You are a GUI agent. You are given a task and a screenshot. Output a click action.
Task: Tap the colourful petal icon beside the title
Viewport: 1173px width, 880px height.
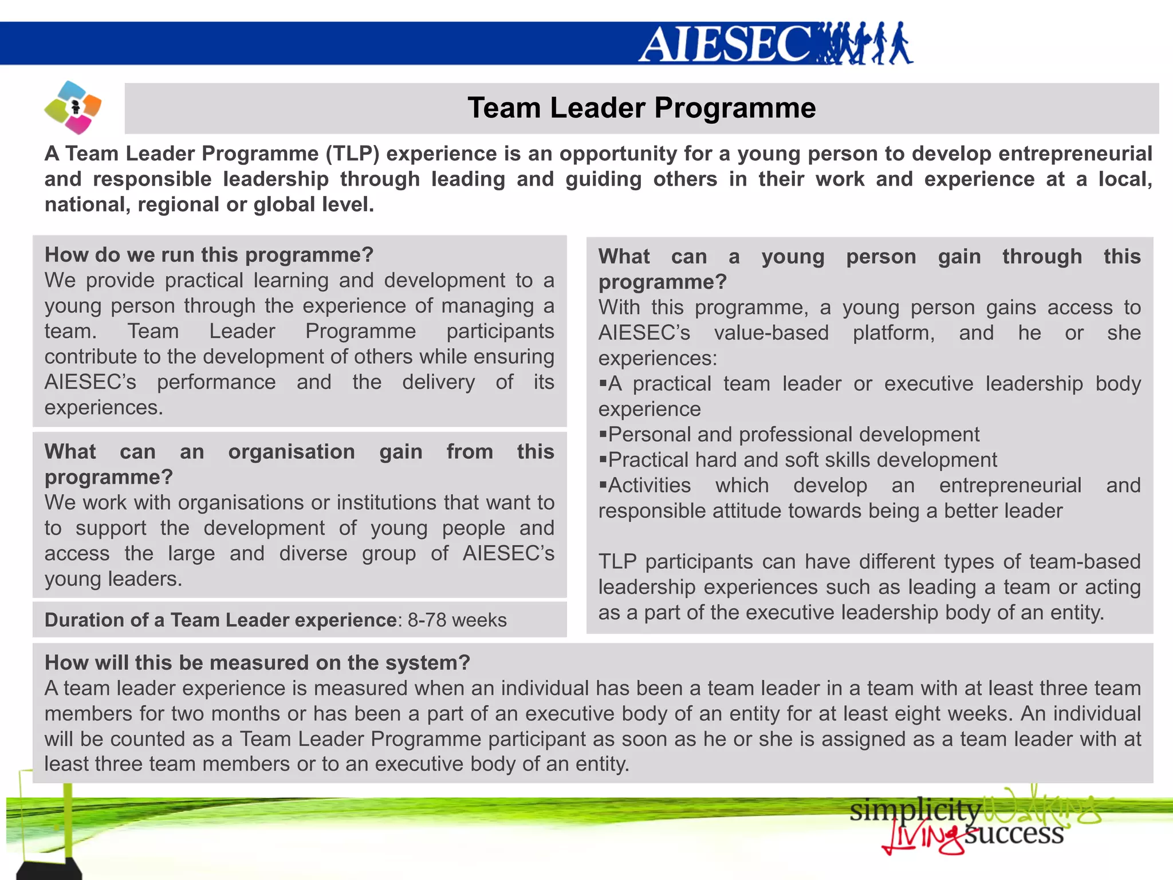[73, 107]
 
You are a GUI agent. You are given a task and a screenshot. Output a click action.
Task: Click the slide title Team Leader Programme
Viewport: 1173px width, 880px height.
[641, 108]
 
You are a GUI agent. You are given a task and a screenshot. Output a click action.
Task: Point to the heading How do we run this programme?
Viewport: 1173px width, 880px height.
[209, 255]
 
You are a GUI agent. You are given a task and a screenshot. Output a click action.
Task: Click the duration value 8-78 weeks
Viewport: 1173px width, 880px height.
[457, 620]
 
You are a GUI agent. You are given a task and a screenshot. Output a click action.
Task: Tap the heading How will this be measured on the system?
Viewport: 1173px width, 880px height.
[257, 662]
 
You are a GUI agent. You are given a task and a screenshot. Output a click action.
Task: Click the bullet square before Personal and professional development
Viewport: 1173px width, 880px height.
[603, 434]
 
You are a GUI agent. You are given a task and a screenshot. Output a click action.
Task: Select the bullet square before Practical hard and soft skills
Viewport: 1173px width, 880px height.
[603, 459]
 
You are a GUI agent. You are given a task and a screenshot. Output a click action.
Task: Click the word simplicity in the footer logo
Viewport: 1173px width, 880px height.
[915, 810]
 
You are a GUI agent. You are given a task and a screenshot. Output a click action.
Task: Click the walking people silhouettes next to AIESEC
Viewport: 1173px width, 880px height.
[865, 44]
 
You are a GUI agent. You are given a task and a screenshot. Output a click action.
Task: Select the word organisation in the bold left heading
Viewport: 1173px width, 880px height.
[292, 451]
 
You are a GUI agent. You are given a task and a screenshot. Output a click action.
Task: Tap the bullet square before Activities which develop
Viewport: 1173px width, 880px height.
[603, 485]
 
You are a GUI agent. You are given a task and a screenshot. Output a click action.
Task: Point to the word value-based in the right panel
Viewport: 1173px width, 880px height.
[771, 333]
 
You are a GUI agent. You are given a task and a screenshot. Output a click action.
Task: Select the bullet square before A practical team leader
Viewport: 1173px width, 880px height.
[603, 383]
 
